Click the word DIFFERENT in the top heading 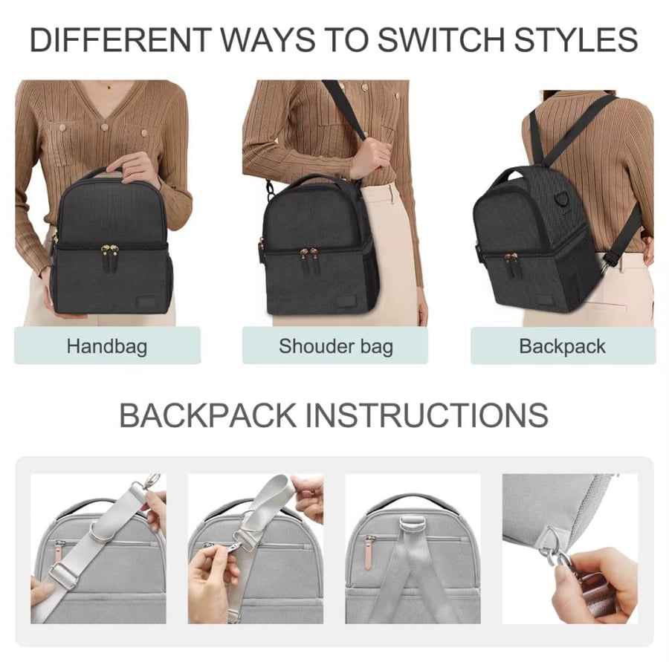[120, 39]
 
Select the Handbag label [107, 346]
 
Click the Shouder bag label [336, 346]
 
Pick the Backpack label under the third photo [563, 346]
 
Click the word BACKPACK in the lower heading [208, 415]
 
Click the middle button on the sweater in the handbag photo [103, 127]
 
